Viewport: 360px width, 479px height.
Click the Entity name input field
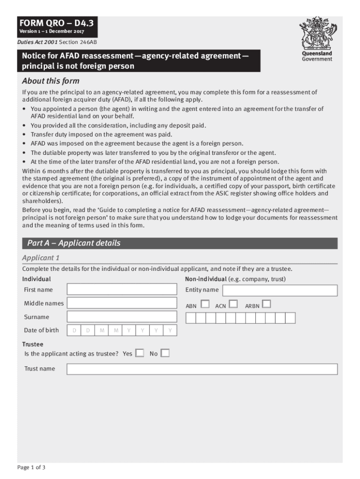(x=280, y=290)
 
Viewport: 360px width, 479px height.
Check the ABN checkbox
(x=205, y=304)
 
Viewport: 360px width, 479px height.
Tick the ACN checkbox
(x=233, y=304)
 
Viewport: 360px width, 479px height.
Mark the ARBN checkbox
(x=266, y=304)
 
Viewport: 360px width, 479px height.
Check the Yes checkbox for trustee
(x=140, y=353)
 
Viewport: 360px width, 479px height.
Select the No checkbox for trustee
(x=165, y=353)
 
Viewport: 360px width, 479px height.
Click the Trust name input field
(x=202, y=369)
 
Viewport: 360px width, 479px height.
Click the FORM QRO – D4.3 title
(x=52, y=23)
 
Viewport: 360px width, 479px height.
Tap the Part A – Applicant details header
(x=73, y=243)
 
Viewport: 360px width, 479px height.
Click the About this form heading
(x=51, y=81)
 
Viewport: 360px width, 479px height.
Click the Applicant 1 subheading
(x=41, y=258)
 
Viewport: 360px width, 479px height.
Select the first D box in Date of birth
(x=74, y=331)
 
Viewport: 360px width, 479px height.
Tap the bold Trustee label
(x=33, y=344)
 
